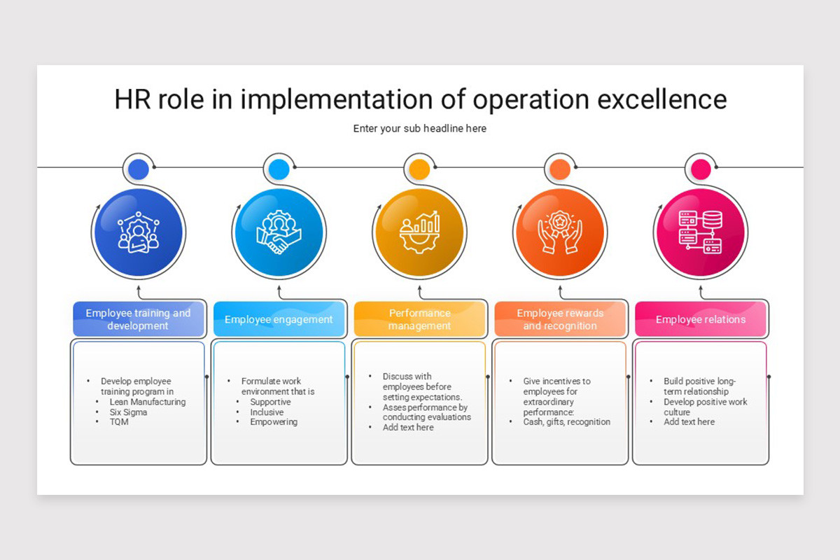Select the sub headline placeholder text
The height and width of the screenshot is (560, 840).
(x=419, y=129)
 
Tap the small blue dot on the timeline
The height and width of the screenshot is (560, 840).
(x=139, y=169)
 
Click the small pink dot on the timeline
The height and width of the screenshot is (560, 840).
(x=701, y=169)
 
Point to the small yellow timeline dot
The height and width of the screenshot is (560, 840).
(x=419, y=169)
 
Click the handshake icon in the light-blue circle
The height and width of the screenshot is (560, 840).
(x=279, y=232)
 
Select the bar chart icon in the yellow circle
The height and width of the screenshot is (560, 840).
(x=419, y=232)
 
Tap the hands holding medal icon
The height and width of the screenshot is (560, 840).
(x=559, y=232)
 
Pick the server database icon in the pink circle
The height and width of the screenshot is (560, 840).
(x=701, y=232)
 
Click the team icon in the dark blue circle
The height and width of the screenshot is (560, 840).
(x=139, y=232)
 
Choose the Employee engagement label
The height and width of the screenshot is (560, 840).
(x=279, y=320)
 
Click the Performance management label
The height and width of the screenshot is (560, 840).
(x=419, y=319)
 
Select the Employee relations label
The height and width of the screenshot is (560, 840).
(x=701, y=320)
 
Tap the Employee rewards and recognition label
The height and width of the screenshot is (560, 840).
(x=560, y=319)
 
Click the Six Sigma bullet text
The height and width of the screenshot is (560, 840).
(x=129, y=412)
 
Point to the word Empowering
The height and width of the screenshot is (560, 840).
(x=274, y=422)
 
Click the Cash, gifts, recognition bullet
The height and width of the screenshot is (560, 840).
(x=567, y=422)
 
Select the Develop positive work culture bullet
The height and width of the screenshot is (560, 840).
(x=705, y=407)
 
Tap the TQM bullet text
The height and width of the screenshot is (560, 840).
(x=120, y=422)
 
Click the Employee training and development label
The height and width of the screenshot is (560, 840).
(x=138, y=319)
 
